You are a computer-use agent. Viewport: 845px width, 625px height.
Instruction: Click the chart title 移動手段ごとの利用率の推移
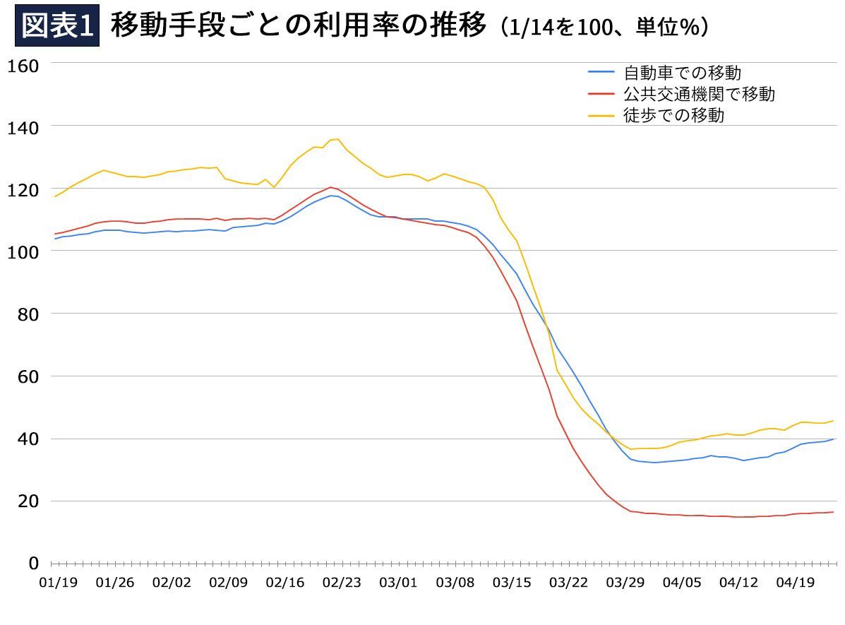[x=299, y=27]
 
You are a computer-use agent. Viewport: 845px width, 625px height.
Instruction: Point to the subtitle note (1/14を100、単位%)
[x=605, y=28]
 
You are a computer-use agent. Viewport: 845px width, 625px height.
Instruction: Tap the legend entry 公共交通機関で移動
[x=699, y=93]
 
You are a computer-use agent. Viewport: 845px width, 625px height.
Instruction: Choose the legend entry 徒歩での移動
[x=673, y=115]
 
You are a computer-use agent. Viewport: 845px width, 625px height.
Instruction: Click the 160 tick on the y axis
[x=23, y=64]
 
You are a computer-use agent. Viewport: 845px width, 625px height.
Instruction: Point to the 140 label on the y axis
[x=23, y=126]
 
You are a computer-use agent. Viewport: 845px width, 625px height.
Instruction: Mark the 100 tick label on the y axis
[x=23, y=251]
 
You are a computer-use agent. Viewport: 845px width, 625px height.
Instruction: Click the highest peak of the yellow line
[x=337, y=139]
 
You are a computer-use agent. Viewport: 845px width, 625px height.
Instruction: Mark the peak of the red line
[x=330, y=187]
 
